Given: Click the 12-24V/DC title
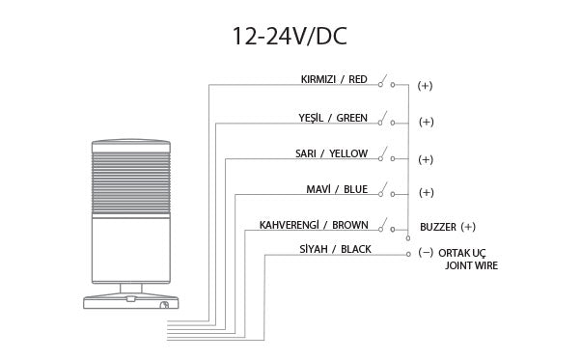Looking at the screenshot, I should [289, 36].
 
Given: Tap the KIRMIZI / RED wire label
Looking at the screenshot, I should [334, 78].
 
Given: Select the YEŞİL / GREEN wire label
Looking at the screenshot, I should [333, 118].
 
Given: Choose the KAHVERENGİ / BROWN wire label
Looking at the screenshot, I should [314, 225].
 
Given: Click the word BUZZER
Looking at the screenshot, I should [438, 228].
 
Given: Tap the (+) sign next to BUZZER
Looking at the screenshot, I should [469, 228].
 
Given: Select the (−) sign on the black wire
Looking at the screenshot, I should [426, 253].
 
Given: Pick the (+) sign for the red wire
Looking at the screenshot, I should [426, 87].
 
